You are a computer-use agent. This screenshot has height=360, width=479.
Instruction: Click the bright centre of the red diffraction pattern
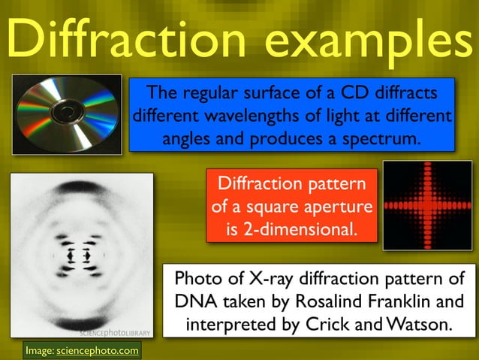click(426, 204)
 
